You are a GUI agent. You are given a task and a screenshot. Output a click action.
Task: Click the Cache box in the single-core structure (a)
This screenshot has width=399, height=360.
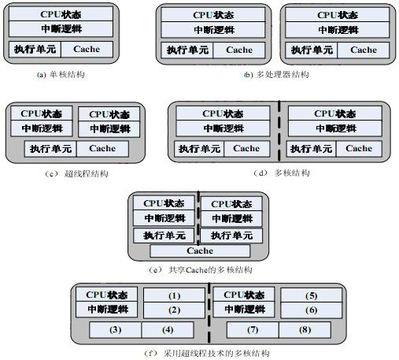(x=87, y=49)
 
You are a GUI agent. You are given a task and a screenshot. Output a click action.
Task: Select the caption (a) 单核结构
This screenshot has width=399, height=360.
(x=61, y=74)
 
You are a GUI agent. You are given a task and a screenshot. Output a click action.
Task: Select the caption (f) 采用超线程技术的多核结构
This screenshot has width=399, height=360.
(x=209, y=354)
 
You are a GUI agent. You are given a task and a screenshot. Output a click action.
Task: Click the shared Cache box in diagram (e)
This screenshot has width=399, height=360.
(x=200, y=251)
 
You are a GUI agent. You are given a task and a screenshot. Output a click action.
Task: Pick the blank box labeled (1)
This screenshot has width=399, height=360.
(x=175, y=295)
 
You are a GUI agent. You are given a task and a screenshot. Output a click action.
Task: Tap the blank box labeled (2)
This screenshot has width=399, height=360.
(x=175, y=310)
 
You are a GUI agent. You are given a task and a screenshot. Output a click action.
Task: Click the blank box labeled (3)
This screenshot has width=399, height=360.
(x=116, y=328)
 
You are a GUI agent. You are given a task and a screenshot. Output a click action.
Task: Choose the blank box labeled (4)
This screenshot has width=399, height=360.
(x=167, y=328)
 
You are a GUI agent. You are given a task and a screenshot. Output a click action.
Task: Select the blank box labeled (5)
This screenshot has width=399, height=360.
(x=312, y=295)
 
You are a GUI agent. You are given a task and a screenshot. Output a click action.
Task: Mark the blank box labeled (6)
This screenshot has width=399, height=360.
(x=312, y=310)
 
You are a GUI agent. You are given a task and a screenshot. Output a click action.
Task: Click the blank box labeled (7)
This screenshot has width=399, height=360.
(x=253, y=328)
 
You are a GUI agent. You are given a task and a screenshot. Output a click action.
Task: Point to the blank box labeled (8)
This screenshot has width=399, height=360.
(x=304, y=328)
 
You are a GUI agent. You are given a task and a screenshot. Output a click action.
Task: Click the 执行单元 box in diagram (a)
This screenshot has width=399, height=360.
(x=35, y=49)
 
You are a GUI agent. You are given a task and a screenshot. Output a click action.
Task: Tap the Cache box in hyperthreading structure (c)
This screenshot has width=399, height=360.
(x=102, y=148)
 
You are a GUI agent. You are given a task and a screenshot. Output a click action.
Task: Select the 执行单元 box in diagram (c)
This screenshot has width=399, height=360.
(x=51, y=148)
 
